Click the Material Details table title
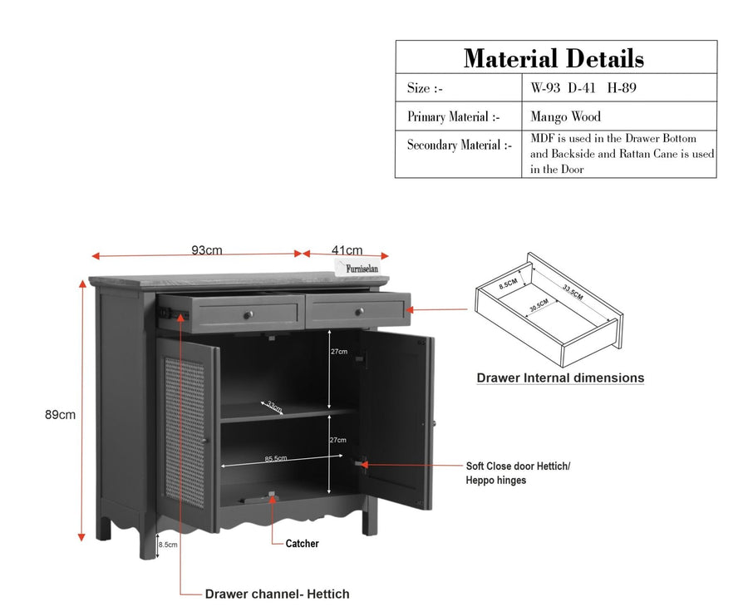pyautogui.click(x=554, y=58)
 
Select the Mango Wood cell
pyautogui.click(x=565, y=116)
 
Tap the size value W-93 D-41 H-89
pyautogui.click(x=583, y=88)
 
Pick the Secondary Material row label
pyautogui.click(x=460, y=145)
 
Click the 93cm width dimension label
pyautogui.click(x=207, y=250)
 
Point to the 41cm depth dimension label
pyautogui.click(x=347, y=250)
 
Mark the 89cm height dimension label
pyautogui.click(x=60, y=415)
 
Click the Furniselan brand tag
pyautogui.click(x=362, y=268)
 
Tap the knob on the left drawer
pyautogui.click(x=248, y=314)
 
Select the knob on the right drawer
pyautogui.click(x=359, y=312)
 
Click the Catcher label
pyautogui.click(x=302, y=544)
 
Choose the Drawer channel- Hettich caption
pyautogui.click(x=277, y=595)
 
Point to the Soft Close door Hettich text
pyautogui.click(x=518, y=466)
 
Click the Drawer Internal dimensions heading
pyautogui.click(x=560, y=378)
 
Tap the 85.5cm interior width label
pyautogui.click(x=276, y=459)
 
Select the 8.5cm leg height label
pyautogui.click(x=168, y=545)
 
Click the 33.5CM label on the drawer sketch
pyautogui.click(x=573, y=292)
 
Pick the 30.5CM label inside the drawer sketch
pyautogui.click(x=539, y=305)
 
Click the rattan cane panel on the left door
pyautogui.click(x=185, y=432)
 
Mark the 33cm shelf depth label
pyautogui.click(x=273, y=407)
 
